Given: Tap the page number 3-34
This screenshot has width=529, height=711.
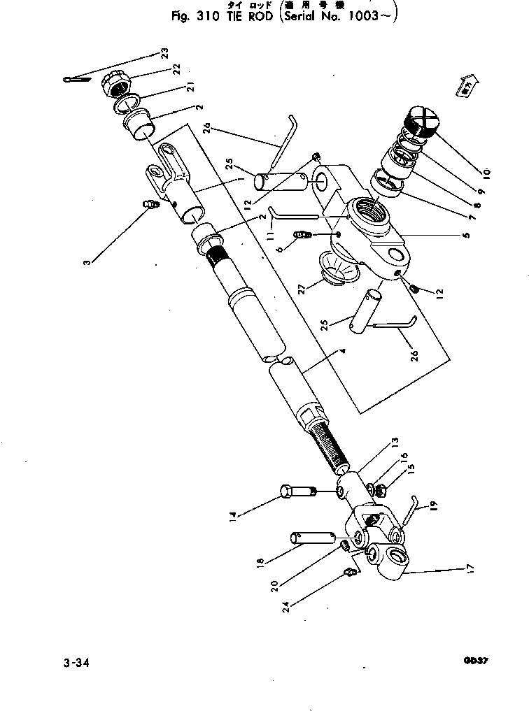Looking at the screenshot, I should [x=78, y=661].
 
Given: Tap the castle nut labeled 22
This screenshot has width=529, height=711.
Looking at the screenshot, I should [x=118, y=86].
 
